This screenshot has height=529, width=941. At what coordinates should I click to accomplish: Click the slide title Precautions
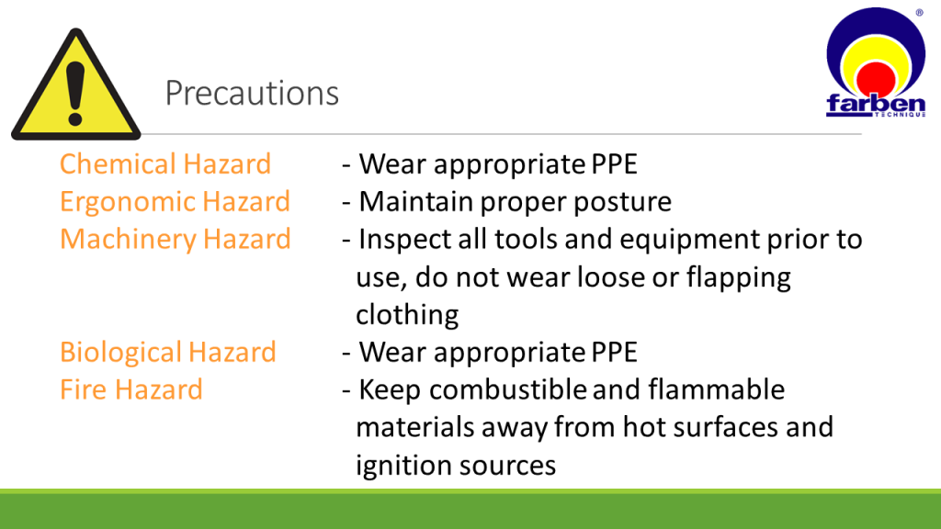pos(252,93)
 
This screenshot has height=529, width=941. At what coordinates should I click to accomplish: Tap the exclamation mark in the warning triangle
pos(75,94)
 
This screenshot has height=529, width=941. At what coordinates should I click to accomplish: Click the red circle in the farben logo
pos(876,79)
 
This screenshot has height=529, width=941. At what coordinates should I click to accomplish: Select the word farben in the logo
pos(876,103)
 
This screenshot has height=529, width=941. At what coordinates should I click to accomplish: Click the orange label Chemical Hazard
pos(165,163)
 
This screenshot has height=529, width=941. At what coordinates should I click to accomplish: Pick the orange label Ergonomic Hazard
pos(175,201)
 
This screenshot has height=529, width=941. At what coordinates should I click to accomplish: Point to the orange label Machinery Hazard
pos(176,239)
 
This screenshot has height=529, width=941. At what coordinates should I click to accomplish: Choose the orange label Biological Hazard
pos(168,352)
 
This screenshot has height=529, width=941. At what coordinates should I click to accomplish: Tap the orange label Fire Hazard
pos(131,389)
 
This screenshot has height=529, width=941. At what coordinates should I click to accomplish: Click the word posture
pos(622,202)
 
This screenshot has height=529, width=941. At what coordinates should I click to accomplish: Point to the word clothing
pos(407,315)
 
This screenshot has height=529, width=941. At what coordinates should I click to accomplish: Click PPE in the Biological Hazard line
pos(614,352)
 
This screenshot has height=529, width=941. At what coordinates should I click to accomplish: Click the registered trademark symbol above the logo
pos(919,13)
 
